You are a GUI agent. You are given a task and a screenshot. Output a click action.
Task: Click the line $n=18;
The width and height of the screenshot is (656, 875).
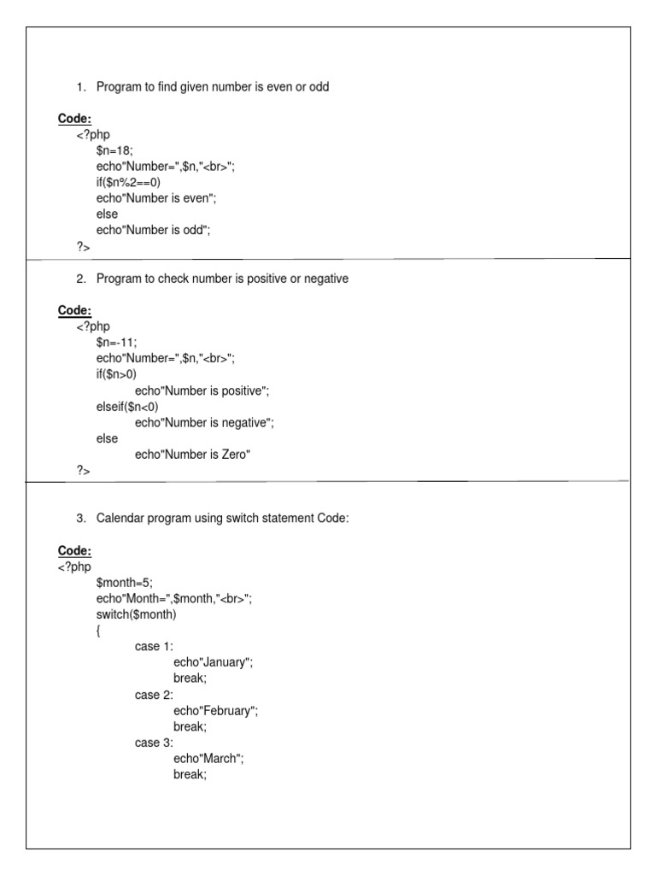pyautogui.click(x=115, y=150)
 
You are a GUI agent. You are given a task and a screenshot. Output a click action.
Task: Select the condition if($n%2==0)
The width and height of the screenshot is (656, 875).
pyautogui.click(x=128, y=182)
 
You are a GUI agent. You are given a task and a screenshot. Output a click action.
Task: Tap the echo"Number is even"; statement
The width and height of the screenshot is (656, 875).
pyautogui.click(x=156, y=198)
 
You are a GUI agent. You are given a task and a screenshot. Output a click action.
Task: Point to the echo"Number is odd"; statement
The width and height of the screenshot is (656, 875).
pyautogui.click(x=153, y=230)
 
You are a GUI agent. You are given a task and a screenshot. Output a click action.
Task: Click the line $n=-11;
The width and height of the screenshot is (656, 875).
pyautogui.click(x=117, y=342)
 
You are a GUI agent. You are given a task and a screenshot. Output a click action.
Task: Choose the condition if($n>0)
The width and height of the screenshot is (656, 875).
pyautogui.click(x=117, y=374)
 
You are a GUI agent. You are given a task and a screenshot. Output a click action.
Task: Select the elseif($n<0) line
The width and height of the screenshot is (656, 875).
pyautogui.click(x=127, y=406)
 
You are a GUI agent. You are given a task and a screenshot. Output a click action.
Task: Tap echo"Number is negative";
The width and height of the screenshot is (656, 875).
pyautogui.click(x=205, y=422)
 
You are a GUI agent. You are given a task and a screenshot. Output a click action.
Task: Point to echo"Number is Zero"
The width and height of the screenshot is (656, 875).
pyautogui.click(x=192, y=455)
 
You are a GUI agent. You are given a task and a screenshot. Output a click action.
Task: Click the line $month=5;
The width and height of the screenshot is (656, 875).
pyautogui.click(x=125, y=582)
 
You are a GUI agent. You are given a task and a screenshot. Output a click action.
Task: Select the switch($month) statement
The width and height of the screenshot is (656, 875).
pyautogui.click(x=137, y=614)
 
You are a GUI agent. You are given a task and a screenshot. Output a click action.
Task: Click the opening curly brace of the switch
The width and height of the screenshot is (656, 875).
pyautogui.click(x=99, y=631)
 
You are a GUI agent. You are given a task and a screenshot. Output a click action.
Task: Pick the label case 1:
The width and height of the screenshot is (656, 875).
pyautogui.click(x=154, y=646)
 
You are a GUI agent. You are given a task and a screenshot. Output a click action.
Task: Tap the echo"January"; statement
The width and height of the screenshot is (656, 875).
pyautogui.click(x=214, y=662)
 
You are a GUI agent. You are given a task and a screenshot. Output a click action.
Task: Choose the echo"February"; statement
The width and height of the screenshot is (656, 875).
pyautogui.click(x=215, y=710)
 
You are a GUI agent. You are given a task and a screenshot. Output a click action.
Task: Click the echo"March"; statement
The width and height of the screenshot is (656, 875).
pyautogui.click(x=208, y=758)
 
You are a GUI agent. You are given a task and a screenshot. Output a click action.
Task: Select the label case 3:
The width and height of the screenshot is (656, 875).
pyautogui.click(x=154, y=743)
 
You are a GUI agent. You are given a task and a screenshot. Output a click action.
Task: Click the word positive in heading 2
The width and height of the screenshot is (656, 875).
pyautogui.click(x=263, y=279)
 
